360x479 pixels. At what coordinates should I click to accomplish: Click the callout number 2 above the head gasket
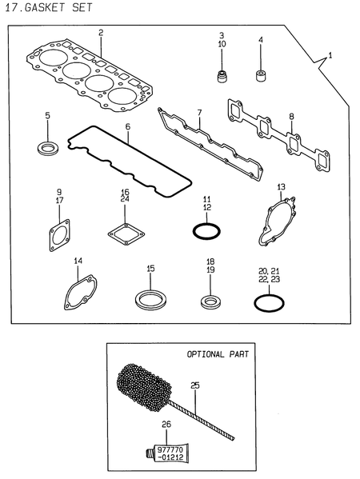101,32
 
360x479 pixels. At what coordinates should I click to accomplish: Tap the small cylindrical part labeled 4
260,76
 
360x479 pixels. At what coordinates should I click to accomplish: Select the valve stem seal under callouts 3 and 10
222,76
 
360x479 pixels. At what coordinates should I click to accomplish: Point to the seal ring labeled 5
48,149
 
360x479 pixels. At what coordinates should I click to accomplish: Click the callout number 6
128,126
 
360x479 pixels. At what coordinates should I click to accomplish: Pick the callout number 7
199,113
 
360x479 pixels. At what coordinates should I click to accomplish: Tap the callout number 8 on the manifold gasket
291,117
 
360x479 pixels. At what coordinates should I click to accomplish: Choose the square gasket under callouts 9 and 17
59,235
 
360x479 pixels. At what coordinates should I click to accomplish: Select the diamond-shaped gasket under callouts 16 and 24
126,234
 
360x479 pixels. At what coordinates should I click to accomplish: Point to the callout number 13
281,186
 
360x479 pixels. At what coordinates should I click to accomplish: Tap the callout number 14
78,261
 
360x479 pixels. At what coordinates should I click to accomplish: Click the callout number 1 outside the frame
330,56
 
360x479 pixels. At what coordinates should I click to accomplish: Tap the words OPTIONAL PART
218,354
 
